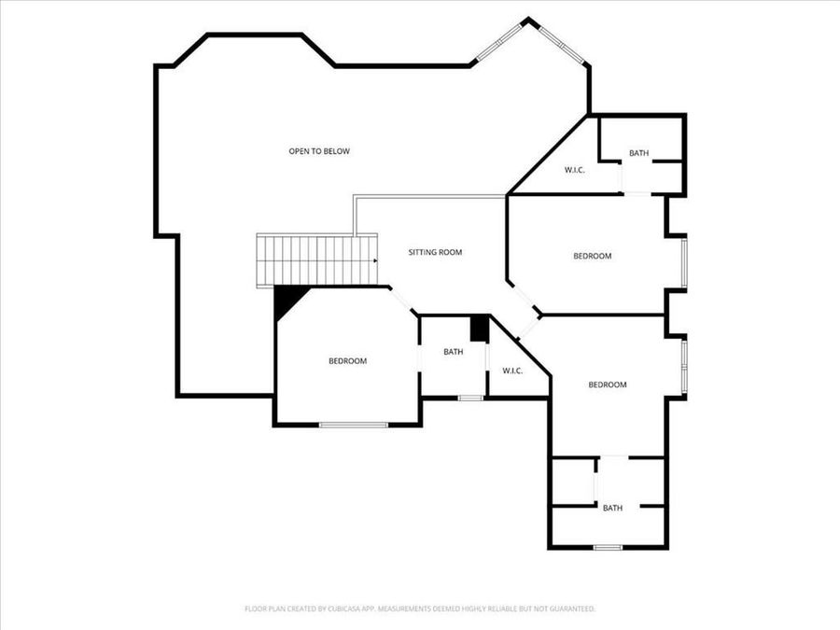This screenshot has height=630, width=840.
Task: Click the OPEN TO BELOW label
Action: tap(318, 151)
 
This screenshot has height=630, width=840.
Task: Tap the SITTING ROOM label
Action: tap(435, 252)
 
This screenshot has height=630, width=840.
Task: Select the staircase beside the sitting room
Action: tap(317, 259)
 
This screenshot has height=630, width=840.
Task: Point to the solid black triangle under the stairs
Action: tap(288, 300)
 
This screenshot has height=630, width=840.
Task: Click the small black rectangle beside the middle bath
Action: tap(479, 329)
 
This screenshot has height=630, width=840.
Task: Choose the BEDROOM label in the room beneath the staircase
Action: tap(347, 361)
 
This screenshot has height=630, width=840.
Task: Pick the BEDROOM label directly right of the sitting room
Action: tap(592, 256)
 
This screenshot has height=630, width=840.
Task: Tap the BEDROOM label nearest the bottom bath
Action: tap(607, 385)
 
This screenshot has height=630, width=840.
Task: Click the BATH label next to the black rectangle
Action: tap(453, 352)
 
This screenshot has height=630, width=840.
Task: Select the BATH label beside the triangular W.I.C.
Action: tap(638, 153)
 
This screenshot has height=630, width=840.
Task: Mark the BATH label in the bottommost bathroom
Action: tap(612, 508)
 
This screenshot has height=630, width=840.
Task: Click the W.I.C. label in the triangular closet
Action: tap(574, 170)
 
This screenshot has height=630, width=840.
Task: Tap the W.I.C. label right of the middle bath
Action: tap(512, 371)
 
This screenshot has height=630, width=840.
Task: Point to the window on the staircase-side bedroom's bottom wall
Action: tap(354, 426)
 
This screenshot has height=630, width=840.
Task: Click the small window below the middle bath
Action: tap(470, 399)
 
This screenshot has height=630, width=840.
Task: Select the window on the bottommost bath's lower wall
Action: tap(608, 547)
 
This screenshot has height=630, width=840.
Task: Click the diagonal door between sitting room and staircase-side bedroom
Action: tap(403, 301)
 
